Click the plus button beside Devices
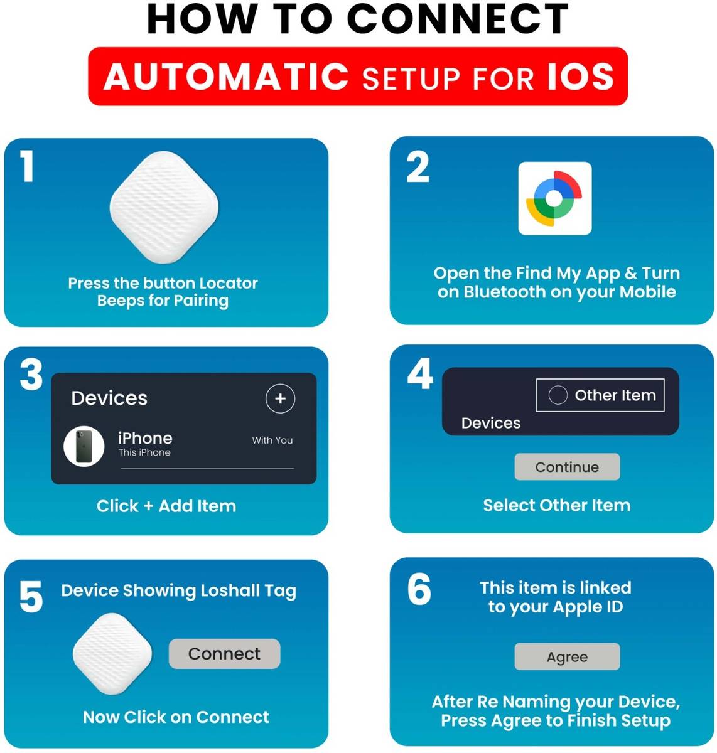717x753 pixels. [280, 398]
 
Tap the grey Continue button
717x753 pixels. [567, 466]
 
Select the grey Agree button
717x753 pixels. [567, 656]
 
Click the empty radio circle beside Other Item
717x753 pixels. [558, 395]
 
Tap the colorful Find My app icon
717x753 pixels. [554, 198]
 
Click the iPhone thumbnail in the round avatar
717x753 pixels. [84, 446]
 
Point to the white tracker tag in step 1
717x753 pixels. [164, 207]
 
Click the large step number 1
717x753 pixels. [27, 166]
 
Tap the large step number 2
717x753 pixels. [418, 167]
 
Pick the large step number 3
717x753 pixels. [31, 375]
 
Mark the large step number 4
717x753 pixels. [420, 373]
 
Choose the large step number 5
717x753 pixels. [31, 596]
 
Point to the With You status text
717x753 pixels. [272, 440]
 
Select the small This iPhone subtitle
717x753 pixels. [144, 452]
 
